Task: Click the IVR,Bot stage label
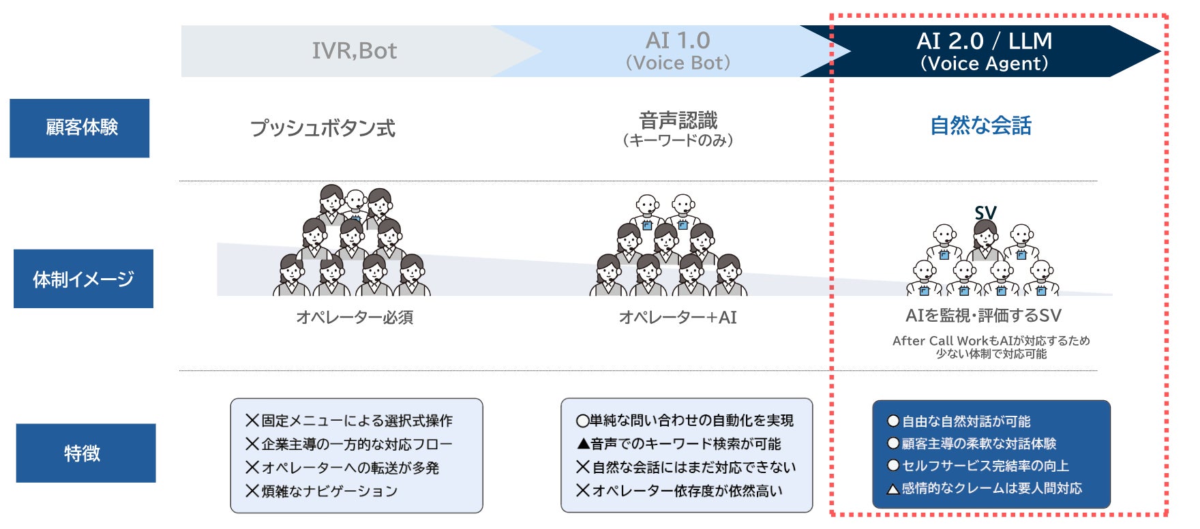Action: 354,51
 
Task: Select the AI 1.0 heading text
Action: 678,41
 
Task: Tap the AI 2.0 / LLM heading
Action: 984,42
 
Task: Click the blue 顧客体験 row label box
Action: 80,128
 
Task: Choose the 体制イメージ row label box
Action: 83,279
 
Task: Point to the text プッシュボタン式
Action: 322,128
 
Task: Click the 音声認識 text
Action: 678,121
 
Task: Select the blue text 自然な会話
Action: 980,126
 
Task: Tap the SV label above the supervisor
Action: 985,213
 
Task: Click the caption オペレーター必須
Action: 355,317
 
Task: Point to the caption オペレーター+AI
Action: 678,317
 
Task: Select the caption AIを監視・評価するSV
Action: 983,316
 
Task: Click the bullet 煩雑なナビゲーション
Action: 322,491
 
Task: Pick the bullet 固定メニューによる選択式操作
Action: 349,421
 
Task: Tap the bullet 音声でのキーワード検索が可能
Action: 679,444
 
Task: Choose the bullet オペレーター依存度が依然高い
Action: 680,491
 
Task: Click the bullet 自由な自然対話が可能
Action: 959,421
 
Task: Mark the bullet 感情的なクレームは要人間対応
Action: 985,488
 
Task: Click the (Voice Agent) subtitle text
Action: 984,64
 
